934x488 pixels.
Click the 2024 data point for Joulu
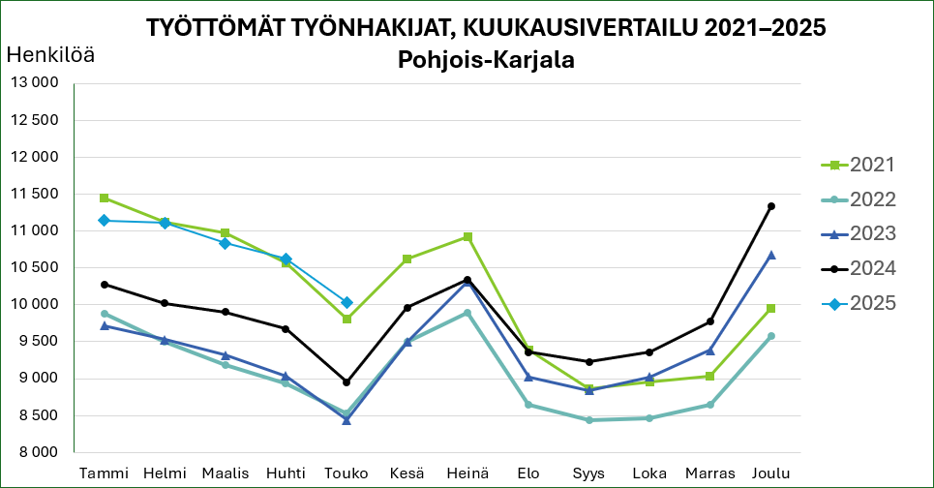click(x=770, y=206)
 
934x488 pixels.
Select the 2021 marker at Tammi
click(x=104, y=198)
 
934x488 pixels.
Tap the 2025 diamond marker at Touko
click(x=346, y=303)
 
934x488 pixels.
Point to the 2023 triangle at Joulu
click(x=770, y=255)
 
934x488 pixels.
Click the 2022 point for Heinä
click(x=467, y=313)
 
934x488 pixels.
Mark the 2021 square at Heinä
click(x=467, y=236)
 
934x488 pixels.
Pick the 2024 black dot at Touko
click(x=346, y=381)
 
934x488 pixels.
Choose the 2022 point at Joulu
click(x=770, y=336)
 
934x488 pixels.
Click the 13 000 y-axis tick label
click(x=35, y=83)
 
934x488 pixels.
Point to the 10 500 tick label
click(x=35, y=268)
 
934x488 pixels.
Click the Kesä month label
click(x=407, y=473)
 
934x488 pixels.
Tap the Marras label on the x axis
click(x=709, y=473)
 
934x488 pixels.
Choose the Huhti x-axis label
click(x=286, y=473)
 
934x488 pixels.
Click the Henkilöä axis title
click(x=50, y=55)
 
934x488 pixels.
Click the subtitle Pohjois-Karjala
click(x=486, y=60)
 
